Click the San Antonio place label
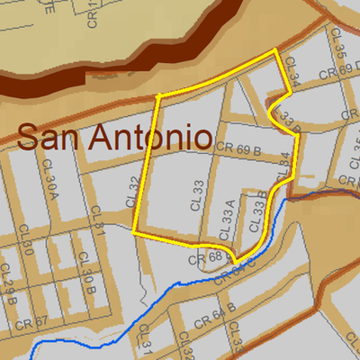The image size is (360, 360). click(114, 138)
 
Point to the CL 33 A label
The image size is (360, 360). click(231, 217)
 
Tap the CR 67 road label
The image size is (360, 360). click(35, 322)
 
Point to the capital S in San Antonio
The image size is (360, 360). click(30, 138)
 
